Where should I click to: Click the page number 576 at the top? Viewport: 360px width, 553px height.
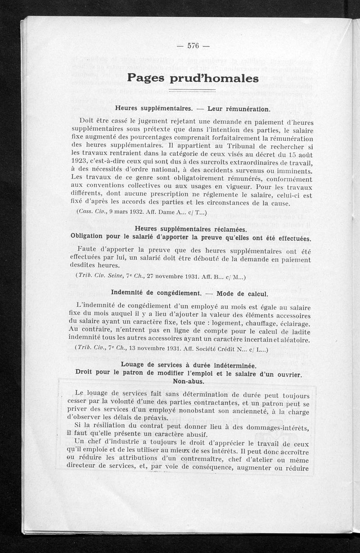pyautogui.click(x=193, y=45)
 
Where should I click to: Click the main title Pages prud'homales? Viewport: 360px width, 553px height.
pyautogui.click(x=193, y=78)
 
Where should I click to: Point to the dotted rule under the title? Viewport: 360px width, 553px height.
pyautogui.click(x=193, y=91)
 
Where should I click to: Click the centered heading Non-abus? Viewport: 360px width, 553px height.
pyautogui.click(x=189, y=382)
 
